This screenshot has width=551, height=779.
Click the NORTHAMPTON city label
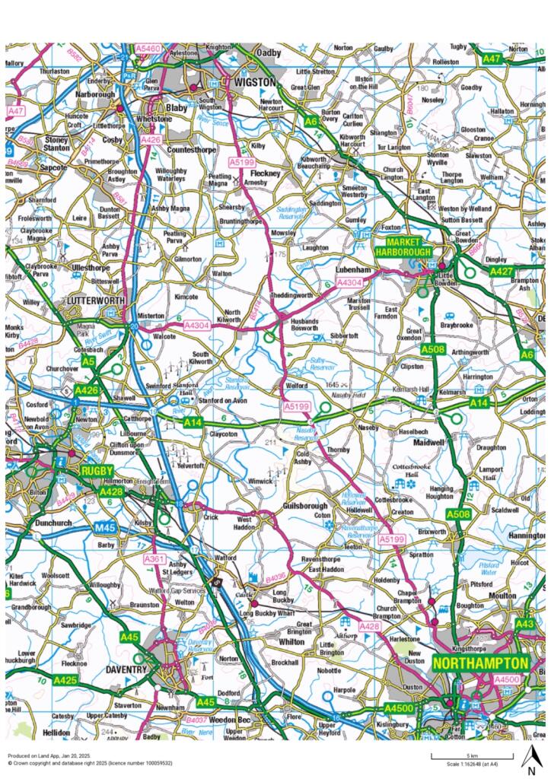pyautogui.click(x=480, y=663)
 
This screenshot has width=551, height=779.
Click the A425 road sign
pyautogui.click(x=66, y=679)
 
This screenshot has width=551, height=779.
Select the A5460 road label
pyautogui.click(x=148, y=48)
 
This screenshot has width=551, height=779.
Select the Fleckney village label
pyautogui.click(x=266, y=173)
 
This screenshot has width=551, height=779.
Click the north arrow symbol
pyautogui.click(x=530, y=758)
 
